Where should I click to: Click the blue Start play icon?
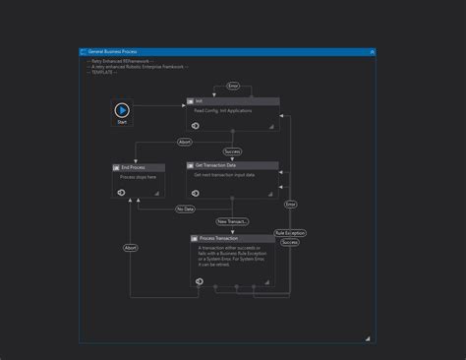122,110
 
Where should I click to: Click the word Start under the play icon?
122,122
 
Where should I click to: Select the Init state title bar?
232,101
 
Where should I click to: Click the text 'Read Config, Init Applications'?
223,111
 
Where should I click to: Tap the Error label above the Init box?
233,87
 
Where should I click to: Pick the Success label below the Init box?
233,151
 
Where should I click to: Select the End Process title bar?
138,167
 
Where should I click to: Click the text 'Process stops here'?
139,177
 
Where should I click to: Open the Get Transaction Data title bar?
232,165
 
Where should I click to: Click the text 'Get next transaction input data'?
224,175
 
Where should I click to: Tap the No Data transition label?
185,209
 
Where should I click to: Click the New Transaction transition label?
233,222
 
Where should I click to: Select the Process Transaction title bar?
233,238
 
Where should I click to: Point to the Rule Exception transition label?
290,233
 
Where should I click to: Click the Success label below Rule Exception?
290,242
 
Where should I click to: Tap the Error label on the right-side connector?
290,204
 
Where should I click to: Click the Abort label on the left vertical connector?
131,248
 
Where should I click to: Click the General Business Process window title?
114,51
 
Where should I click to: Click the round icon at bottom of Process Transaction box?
199,281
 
